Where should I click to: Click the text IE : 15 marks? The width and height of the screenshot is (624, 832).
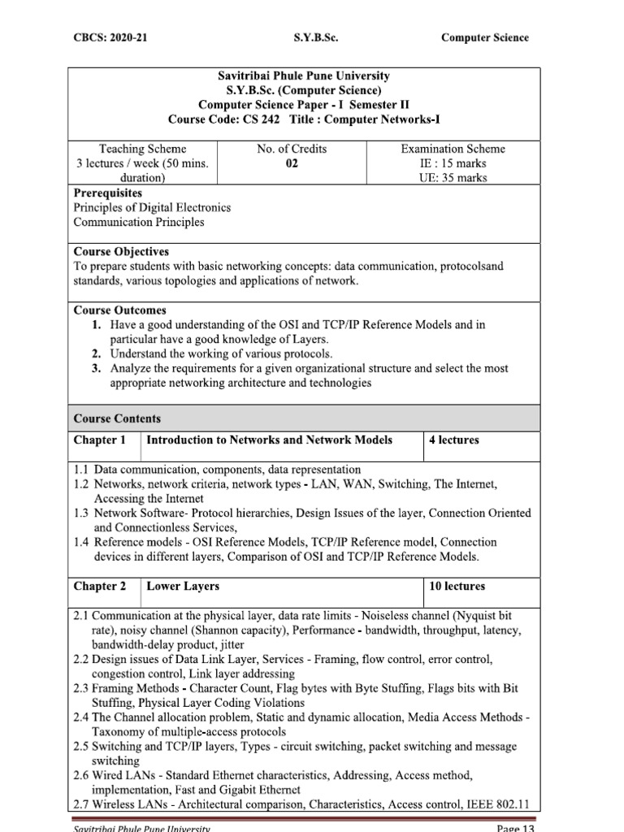(x=453, y=163)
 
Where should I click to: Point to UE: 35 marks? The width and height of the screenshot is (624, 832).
(x=453, y=178)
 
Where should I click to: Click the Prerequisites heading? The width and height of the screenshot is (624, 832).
(x=108, y=193)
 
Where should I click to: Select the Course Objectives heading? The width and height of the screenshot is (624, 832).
(x=121, y=252)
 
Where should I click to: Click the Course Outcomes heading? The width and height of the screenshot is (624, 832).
(x=119, y=310)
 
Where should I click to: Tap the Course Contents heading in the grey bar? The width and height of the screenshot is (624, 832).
(x=117, y=419)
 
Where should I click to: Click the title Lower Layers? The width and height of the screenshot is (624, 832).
(x=182, y=586)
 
